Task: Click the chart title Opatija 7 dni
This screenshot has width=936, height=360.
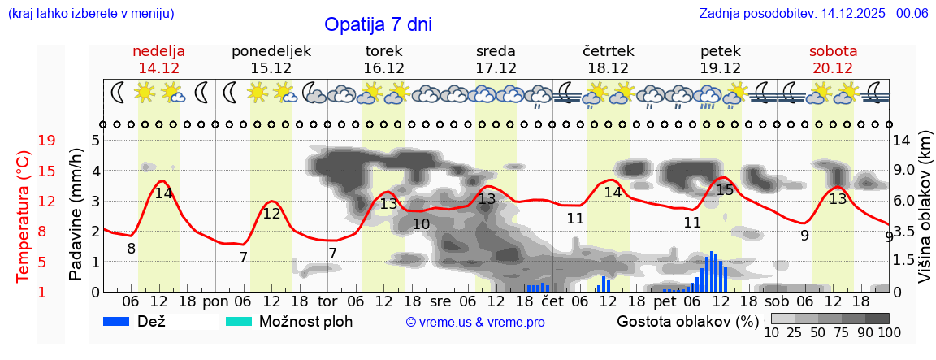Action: (378, 24)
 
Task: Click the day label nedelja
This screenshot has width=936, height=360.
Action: (159, 50)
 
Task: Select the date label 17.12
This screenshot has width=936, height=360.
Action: (496, 68)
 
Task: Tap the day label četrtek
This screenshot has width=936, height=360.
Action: (609, 50)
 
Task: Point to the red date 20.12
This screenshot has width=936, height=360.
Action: (833, 68)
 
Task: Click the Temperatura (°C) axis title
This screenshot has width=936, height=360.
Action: (24, 217)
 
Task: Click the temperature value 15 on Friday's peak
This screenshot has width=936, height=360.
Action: (725, 190)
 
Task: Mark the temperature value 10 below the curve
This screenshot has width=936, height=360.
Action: (421, 224)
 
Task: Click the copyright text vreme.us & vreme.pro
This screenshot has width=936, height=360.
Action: (475, 323)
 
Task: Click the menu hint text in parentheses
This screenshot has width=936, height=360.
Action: (90, 14)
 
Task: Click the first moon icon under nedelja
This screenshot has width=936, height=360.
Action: (119, 93)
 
